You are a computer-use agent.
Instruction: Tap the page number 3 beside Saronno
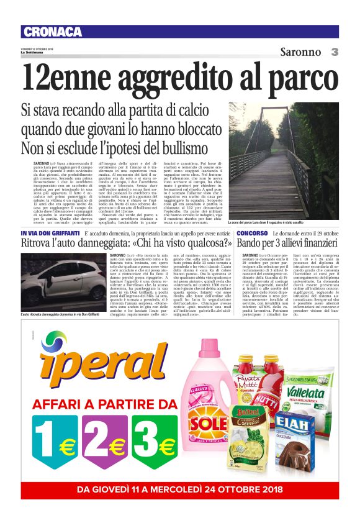pyautogui.click(x=334, y=52)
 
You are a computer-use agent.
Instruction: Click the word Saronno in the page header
pyautogui.click(x=301, y=52)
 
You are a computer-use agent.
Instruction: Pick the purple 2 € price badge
pyautogui.click(x=105, y=444)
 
